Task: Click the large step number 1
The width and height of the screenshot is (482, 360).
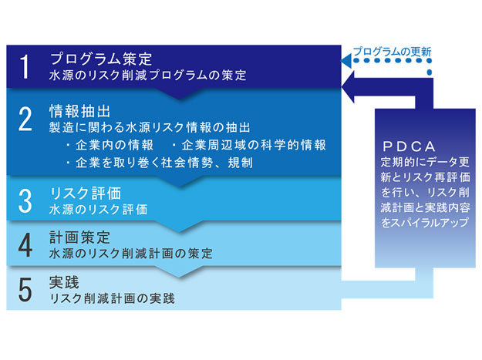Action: [25, 66]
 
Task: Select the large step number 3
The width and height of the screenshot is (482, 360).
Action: [25, 201]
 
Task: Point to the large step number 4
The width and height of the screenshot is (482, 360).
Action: [25, 245]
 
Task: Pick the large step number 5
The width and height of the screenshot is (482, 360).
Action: [25, 290]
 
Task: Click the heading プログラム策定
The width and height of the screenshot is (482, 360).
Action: [101, 59]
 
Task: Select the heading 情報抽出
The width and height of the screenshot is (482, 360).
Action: [80, 111]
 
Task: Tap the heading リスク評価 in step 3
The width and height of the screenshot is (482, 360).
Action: [86, 193]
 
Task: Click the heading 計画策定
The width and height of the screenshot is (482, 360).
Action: [79, 237]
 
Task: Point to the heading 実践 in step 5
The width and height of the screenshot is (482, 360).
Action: [64, 282]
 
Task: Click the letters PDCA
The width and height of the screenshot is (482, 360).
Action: [410, 146]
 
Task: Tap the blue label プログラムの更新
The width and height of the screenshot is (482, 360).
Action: [393, 52]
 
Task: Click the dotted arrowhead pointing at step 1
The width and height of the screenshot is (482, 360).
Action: [346, 60]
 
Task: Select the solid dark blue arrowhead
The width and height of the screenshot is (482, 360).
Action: [349, 87]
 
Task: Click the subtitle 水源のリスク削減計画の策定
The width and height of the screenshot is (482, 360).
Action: [130, 254]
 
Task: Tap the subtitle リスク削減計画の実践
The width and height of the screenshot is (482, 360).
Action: [112, 298]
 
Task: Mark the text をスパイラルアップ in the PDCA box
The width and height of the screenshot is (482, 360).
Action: [425, 222]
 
